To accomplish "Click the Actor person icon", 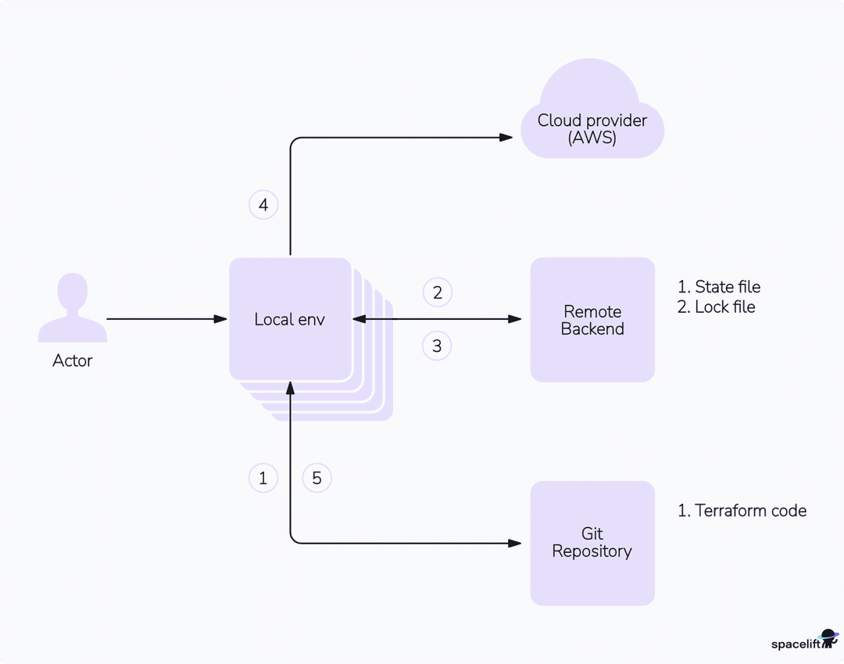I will point(73,309).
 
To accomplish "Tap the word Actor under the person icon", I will point(73,361).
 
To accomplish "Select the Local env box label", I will point(289,319).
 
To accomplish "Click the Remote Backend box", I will point(592,320).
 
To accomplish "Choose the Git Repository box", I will point(592,542).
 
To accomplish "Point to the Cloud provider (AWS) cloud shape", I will point(592,125).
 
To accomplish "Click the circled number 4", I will point(263,205).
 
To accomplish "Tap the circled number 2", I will point(438,293).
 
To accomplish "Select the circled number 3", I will point(437,346).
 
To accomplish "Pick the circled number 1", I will point(263,478).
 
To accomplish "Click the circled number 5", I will point(316,478).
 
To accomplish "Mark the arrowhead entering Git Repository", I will point(515,543).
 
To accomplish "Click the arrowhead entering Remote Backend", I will point(515,319).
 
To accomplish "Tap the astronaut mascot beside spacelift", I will point(828,638).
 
